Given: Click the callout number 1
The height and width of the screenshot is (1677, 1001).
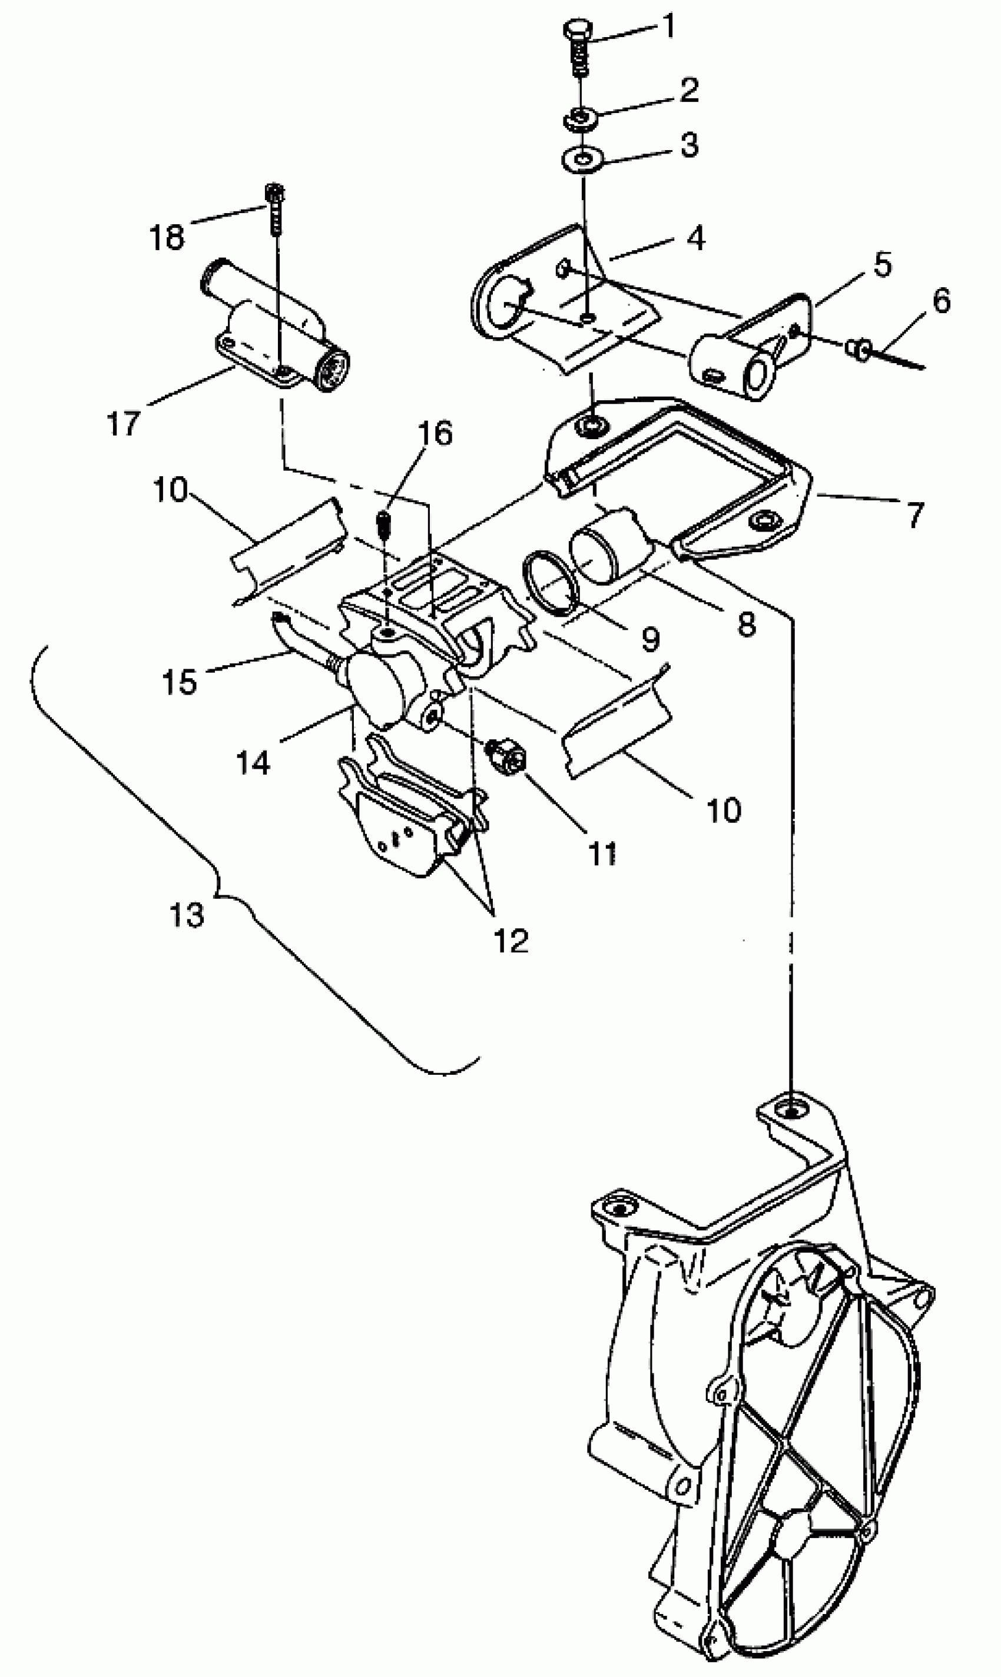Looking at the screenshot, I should click(x=668, y=27).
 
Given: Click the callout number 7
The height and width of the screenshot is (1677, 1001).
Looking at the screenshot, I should click(x=914, y=516).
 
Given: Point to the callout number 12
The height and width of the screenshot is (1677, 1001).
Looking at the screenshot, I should click(x=511, y=940).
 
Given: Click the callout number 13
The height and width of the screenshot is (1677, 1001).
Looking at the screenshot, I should click(x=187, y=915).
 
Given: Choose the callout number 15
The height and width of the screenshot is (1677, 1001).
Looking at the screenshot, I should click(x=180, y=682).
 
